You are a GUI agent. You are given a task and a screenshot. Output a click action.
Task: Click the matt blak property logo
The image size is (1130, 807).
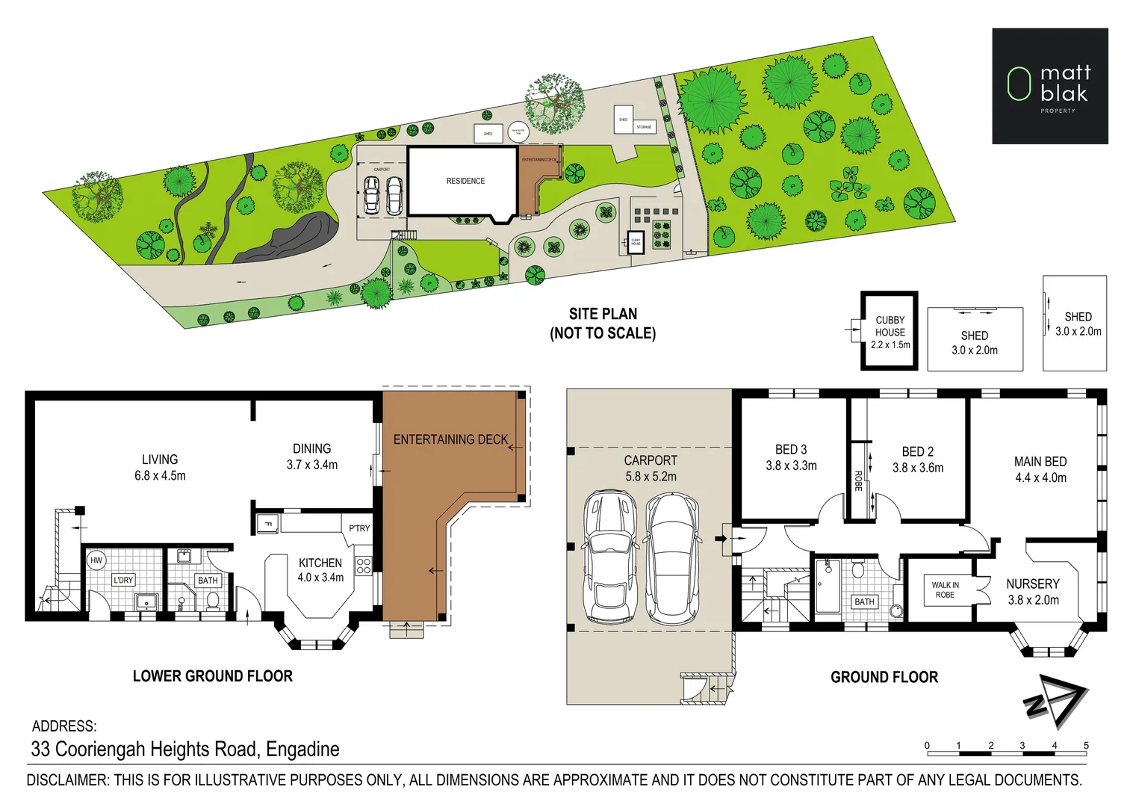tap(1049, 86)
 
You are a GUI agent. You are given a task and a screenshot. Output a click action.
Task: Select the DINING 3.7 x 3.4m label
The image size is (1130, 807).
tap(311, 457)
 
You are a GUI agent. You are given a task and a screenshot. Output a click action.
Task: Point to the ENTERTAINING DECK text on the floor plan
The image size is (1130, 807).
tap(450, 439)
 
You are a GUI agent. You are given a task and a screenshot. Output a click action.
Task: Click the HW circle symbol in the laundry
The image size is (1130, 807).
tap(96, 560)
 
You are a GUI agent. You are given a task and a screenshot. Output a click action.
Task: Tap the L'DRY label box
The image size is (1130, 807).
tap(123, 580)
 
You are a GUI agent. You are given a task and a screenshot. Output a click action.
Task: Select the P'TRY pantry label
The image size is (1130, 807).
tap(359, 528)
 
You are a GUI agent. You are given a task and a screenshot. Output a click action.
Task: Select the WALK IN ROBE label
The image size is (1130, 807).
tap(945, 590)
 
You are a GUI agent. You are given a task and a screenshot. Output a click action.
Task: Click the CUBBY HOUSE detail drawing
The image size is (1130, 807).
tap(890, 331)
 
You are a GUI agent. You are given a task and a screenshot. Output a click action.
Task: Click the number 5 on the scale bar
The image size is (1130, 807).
tap(1086, 745)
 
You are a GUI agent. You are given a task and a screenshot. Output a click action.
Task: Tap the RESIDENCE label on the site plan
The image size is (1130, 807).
tap(465, 181)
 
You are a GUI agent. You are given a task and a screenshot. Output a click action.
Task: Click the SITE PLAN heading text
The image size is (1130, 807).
tap(603, 314)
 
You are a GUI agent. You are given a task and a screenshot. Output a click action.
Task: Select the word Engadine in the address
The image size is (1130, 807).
tap(302, 749)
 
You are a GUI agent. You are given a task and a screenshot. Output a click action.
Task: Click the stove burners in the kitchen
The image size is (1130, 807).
tap(363, 565)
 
